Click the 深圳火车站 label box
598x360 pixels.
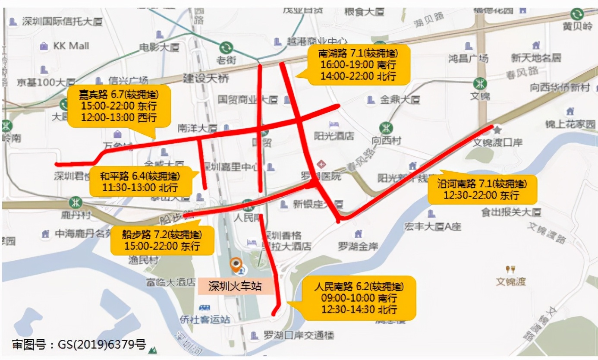click(236, 286)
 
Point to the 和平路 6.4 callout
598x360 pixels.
click(140, 182)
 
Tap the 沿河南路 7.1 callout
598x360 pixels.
click(482, 189)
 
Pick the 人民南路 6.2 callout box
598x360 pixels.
click(359, 298)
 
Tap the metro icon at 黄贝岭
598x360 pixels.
click(576, 14)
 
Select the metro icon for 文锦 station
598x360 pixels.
click(479, 83)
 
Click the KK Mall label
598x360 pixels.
click(71, 46)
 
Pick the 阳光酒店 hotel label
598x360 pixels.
click(334, 136)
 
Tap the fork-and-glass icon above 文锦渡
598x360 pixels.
click(510, 270)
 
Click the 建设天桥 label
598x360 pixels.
click(206, 79)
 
